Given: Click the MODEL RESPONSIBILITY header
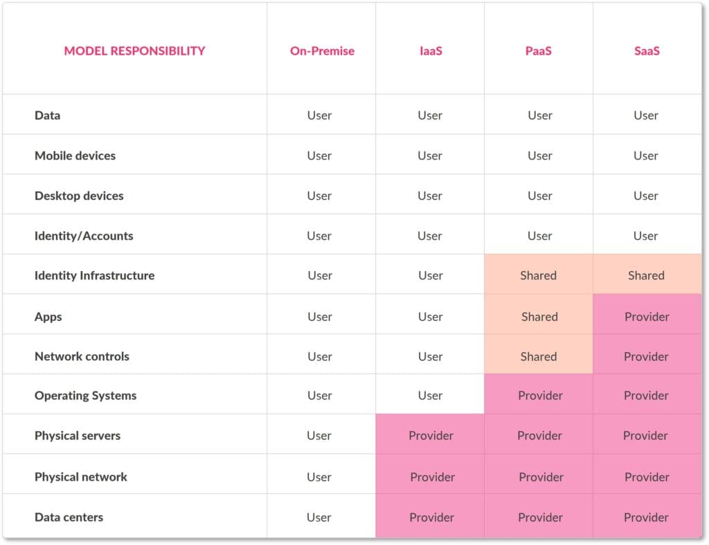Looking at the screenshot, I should [134, 50].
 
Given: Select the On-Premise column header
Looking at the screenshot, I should [322, 50].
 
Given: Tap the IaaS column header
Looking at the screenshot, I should [429, 50].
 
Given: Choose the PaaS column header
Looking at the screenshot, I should [539, 50].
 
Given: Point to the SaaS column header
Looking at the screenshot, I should [647, 50].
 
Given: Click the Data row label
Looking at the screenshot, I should [47, 116].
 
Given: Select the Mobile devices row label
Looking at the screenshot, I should [75, 156].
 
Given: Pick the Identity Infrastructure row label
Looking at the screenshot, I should [94, 275].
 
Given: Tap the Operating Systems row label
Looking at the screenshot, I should [85, 396].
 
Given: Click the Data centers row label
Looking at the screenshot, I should [69, 517].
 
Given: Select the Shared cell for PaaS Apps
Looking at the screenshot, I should [539, 317].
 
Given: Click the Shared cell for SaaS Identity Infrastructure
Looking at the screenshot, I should [646, 275].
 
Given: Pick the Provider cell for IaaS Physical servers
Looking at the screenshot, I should [431, 436].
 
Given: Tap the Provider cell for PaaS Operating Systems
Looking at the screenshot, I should [539, 396].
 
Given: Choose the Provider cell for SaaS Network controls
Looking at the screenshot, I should [647, 357].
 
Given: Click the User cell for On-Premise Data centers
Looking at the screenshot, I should [319, 517].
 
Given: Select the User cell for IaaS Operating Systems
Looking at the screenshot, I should [430, 396].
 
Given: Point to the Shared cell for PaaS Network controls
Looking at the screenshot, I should [538, 357].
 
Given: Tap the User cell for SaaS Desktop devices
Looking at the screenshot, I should [645, 196].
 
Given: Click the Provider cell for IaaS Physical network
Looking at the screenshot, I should [432, 477].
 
